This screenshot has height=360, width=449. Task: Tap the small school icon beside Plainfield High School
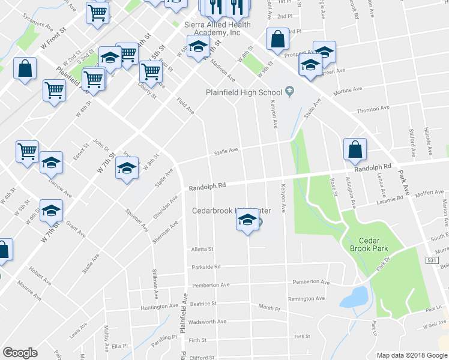290,92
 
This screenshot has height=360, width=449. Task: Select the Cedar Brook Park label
369,243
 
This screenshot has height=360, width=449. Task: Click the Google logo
20,353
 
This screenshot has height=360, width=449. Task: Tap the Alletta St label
202,249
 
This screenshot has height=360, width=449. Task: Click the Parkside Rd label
206,267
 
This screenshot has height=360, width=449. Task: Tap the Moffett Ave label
429,193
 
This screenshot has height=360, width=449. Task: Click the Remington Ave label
306,299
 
